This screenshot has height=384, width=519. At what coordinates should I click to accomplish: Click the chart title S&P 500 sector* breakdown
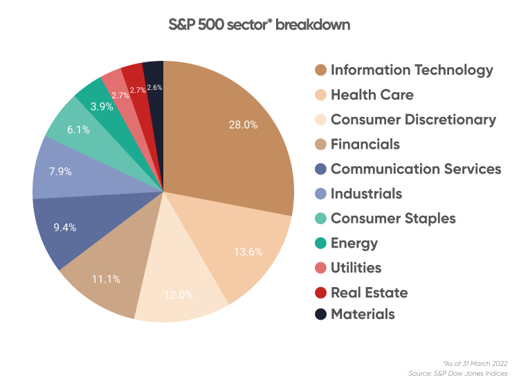click(x=259, y=26)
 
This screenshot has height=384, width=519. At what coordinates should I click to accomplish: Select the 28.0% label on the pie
click(x=242, y=125)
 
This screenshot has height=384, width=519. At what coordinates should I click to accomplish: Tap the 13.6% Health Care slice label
click(x=248, y=252)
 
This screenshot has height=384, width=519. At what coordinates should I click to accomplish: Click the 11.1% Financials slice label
click(x=107, y=280)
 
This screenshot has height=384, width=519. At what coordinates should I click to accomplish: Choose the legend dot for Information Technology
click(x=319, y=71)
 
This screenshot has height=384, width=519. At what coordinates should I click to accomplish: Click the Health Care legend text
click(x=372, y=95)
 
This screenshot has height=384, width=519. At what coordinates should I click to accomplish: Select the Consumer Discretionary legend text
click(x=413, y=120)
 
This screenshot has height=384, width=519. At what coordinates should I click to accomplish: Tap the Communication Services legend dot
click(x=319, y=170)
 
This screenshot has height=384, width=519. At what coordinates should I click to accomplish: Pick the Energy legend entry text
click(x=354, y=242)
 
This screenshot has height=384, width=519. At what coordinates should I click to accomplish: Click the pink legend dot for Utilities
click(x=319, y=267)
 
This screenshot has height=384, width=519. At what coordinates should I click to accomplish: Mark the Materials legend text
click(x=363, y=314)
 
